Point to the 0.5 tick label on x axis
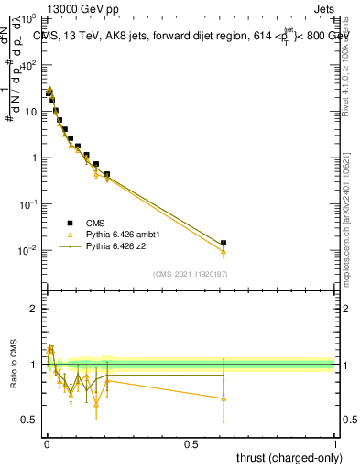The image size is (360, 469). click(x=191, y=442)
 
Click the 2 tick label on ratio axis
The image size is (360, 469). click(x=33, y=309)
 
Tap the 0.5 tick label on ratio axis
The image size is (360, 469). click(x=29, y=420)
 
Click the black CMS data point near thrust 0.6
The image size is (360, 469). click(x=224, y=244)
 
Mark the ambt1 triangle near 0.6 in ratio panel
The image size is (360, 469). click(x=224, y=398)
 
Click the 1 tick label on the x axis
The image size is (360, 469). click(x=335, y=442)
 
